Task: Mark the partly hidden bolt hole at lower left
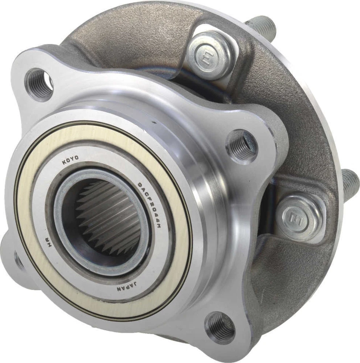[18, 261]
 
